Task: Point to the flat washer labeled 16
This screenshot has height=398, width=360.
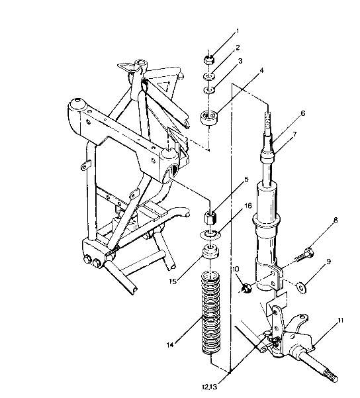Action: click(x=211, y=235)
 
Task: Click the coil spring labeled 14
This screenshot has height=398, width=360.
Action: click(x=211, y=315)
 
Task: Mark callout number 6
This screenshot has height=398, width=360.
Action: click(x=302, y=113)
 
